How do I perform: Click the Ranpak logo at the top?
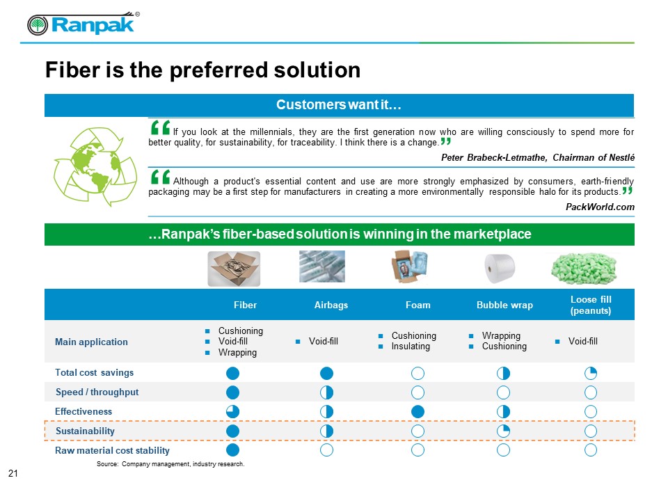[83, 24]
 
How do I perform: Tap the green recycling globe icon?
[95, 166]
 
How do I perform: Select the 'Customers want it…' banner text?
[339, 105]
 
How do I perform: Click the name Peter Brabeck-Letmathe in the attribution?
[493, 158]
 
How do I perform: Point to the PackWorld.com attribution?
[600, 207]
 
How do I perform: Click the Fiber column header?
[245, 305]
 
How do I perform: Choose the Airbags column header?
[331, 305]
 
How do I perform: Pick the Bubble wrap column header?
[504, 305]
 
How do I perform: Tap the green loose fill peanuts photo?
[584, 269]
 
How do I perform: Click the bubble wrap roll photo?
[500, 269]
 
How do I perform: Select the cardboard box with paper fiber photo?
[234, 269]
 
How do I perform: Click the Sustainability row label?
[85, 431]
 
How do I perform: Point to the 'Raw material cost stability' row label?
[112, 450]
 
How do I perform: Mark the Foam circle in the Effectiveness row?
[417, 411]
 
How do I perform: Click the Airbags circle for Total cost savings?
[326, 373]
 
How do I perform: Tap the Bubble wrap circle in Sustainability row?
[503, 431]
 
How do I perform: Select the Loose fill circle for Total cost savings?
[591, 373]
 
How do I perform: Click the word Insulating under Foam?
[411, 347]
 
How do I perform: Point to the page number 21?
[13, 473]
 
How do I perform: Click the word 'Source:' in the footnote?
[107, 464]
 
